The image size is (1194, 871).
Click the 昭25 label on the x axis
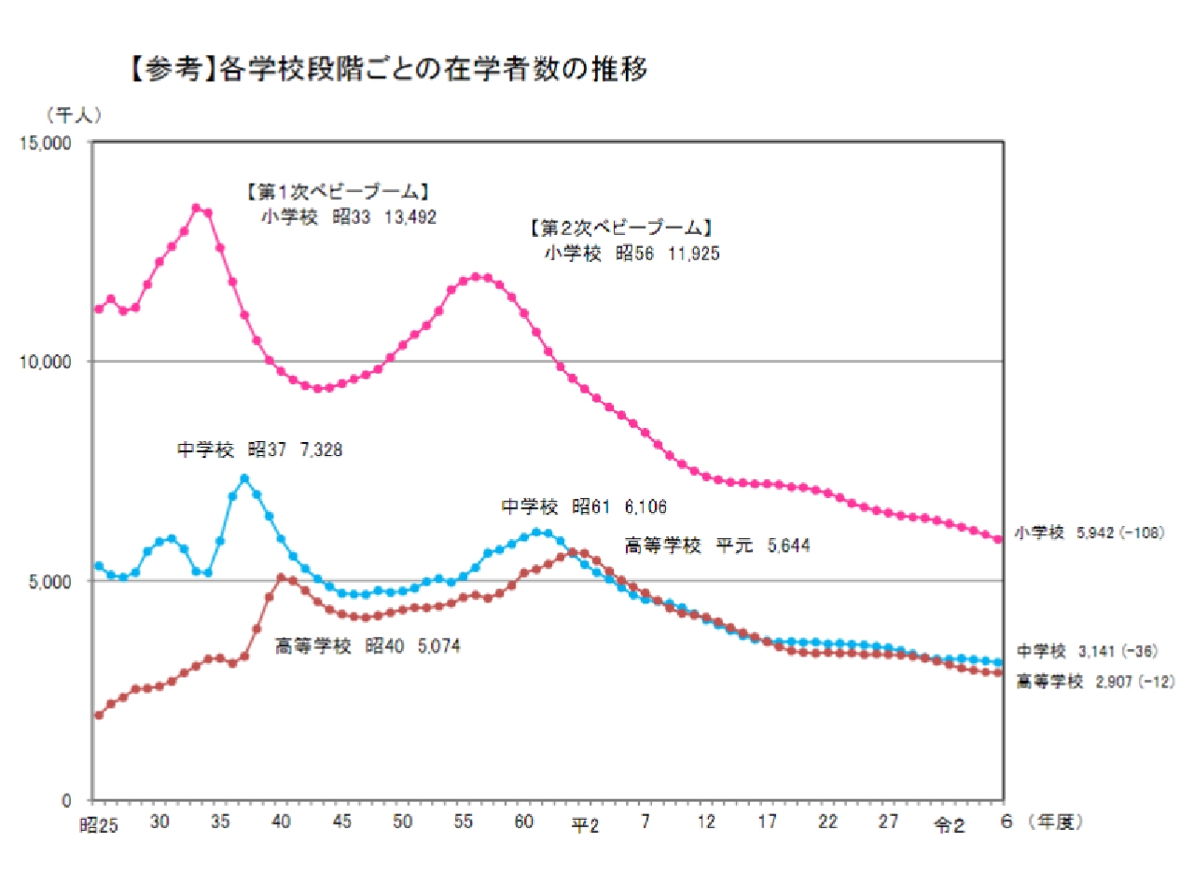click(x=98, y=824)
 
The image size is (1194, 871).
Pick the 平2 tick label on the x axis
click(x=585, y=825)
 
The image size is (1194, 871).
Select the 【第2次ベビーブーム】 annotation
click(x=619, y=228)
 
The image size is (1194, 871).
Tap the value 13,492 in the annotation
click(x=410, y=217)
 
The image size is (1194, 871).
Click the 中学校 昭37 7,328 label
click(x=260, y=449)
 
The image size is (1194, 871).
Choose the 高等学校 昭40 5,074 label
click(x=368, y=645)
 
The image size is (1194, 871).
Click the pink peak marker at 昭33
click(x=196, y=208)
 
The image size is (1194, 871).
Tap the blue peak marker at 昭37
click(x=244, y=478)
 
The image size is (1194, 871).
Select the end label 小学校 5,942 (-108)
click(x=1089, y=534)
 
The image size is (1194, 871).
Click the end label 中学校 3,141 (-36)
click(x=1089, y=652)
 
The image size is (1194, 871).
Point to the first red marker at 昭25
click(x=99, y=715)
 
